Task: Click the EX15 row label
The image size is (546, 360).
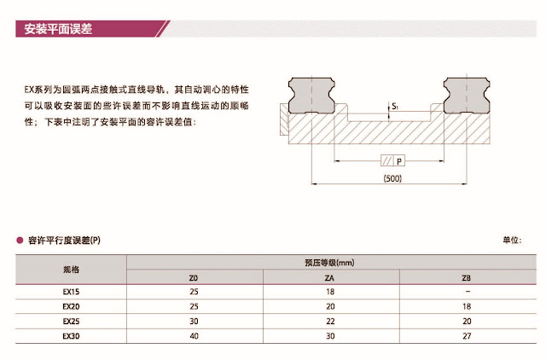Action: (71, 291)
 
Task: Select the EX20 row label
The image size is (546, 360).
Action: (71, 305)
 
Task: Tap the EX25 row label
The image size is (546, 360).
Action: (71, 321)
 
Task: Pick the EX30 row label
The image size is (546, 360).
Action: (71, 336)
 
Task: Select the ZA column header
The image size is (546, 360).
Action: (329, 277)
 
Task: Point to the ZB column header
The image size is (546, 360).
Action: (465, 277)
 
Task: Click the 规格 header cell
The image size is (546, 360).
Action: (71, 270)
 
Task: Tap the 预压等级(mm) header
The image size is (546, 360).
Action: (328, 262)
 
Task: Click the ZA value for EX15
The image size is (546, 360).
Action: (329, 291)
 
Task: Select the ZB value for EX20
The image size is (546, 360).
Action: (465, 305)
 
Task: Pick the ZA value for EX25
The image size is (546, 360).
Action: (329, 321)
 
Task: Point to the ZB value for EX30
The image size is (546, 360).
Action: (465, 336)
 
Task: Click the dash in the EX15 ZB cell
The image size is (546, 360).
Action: (465, 291)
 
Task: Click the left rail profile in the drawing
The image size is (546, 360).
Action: (311, 95)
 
